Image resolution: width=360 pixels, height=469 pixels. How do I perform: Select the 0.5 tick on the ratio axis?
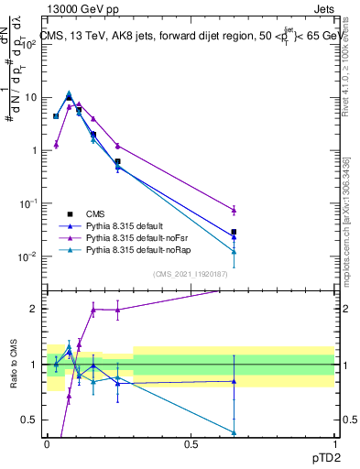[31, 420]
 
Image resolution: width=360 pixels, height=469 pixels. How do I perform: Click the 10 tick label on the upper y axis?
[31, 97]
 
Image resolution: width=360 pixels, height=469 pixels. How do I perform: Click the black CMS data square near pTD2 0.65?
[234, 232]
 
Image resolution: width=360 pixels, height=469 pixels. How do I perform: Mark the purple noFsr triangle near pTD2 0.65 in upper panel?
[234, 210]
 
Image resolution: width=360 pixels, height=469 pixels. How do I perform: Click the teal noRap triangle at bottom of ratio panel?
[234, 432]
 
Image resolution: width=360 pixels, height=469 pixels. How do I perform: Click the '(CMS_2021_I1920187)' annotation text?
[190, 273]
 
